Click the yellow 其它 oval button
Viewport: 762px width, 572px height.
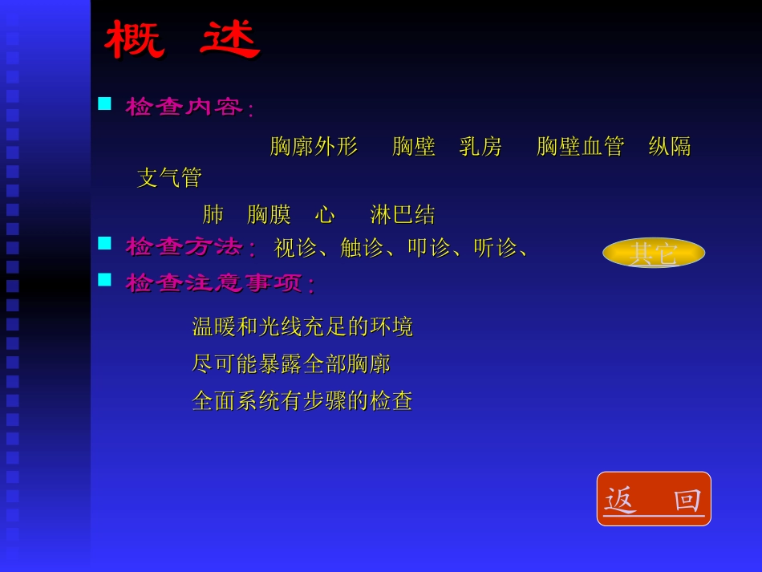(x=654, y=253)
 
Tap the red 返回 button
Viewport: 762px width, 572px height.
(x=654, y=499)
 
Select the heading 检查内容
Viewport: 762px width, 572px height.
(x=185, y=107)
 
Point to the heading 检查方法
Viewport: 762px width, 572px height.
(x=185, y=247)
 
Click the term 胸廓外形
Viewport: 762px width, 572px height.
(x=314, y=147)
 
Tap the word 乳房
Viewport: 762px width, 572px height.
(x=480, y=147)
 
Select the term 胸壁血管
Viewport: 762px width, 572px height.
(x=580, y=147)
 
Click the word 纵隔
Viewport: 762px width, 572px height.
(x=670, y=147)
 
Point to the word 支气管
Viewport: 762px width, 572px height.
(x=169, y=178)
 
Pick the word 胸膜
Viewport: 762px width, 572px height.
(x=269, y=215)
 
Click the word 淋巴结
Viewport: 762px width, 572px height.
(x=403, y=215)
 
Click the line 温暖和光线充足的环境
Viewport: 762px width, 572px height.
(x=302, y=327)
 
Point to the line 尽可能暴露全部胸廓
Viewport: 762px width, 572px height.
(x=291, y=364)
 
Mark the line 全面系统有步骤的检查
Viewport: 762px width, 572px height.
(x=302, y=401)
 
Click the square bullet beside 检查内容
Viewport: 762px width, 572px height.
(x=104, y=103)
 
